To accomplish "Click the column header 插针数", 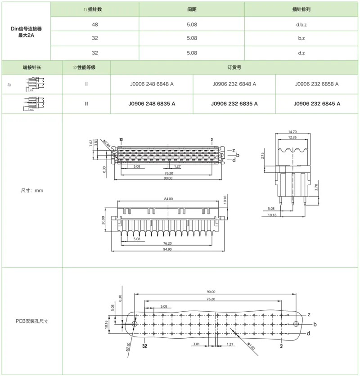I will pyautogui.click(x=97, y=9).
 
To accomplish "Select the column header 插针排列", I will pyautogui.click(x=301, y=9).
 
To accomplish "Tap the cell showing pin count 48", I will pyautogui.click(x=95, y=24).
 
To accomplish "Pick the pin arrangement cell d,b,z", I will pyautogui.click(x=301, y=24).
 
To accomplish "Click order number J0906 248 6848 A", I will pyautogui.click(x=152, y=84).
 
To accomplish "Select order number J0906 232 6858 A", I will pyautogui.click(x=317, y=84).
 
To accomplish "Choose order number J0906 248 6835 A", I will pyautogui.click(x=152, y=104).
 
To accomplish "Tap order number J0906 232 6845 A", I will pyautogui.click(x=317, y=104).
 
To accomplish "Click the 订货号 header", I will pyautogui.click(x=234, y=67).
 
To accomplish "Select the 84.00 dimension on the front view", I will pyautogui.click(x=168, y=198).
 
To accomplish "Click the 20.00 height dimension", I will pyautogui.click(x=103, y=220).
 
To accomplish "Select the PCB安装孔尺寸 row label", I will pyautogui.click(x=32, y=321).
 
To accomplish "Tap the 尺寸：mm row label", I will pyautogui.click(x=32, y=191).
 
